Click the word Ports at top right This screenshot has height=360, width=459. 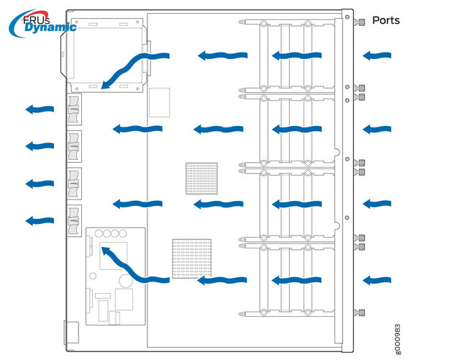click(x=386, y=21)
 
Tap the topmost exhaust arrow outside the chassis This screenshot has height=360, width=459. click(x=40, y=109)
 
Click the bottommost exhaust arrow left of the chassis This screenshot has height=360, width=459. click(x=40, y=219)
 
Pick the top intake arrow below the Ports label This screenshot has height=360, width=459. click(x=377, y=55)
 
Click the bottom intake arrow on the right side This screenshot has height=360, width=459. click(x=377, y=279)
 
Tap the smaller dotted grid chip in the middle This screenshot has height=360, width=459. click(x=201, y=178)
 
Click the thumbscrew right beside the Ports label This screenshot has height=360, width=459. click(x=361, y=22)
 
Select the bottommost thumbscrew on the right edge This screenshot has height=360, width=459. click(x=362, y=312)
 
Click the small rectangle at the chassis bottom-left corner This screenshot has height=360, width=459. click(x=71, y=333)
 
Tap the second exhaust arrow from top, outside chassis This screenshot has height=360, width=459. click(x=40, y=146)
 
